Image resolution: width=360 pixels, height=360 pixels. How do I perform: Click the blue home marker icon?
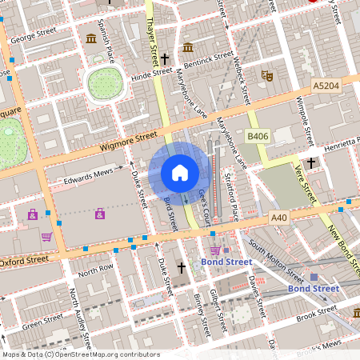click(x=180, y=172)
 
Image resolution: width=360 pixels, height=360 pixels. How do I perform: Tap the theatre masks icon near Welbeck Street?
click(x=267, y=75)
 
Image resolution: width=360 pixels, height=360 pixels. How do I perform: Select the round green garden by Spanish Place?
click(x=103, y=82)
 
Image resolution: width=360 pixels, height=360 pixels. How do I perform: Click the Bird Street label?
click(x=170, y=213)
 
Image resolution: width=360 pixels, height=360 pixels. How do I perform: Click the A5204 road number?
click(x=326, y=84)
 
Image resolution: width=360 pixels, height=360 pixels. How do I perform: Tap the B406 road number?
click(x=256, y=138)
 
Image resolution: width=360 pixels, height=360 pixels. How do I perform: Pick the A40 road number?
click(x=278, y=217)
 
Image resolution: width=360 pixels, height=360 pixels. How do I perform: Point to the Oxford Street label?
click(x=24, y=260)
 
